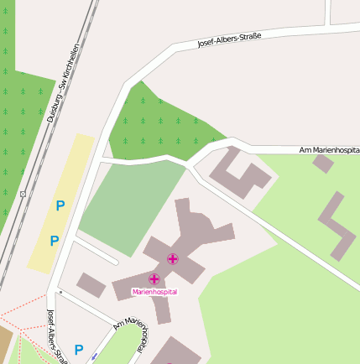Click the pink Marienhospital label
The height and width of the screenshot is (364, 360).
click(155, 292)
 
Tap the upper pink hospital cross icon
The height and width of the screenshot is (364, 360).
click(173, 259)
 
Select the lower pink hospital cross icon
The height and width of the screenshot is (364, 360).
click(154, 278)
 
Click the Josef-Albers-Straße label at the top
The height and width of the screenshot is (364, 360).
click(229, 39)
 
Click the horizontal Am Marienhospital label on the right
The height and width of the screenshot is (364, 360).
click(329, 150)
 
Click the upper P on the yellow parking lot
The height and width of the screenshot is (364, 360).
click(60, 205)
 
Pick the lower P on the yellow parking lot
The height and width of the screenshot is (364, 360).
click(54, 242)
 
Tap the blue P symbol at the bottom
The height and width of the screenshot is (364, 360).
click(79, 350)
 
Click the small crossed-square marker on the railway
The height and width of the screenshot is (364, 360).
click(23, 194)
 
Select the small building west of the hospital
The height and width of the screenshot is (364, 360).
click(91, 284)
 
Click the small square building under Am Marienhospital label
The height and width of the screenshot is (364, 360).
click(323, 163)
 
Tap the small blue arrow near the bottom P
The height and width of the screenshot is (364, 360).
click(94, 356)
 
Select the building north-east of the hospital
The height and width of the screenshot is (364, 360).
click(240, 172)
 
